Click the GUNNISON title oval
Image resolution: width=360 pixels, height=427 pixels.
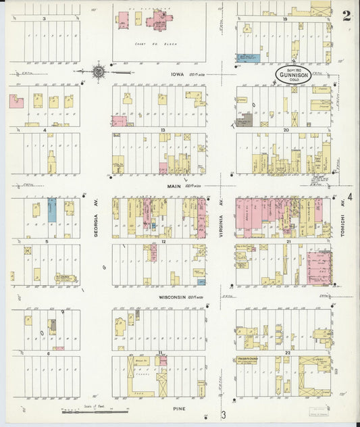pyautogui.click(x=292, y=74)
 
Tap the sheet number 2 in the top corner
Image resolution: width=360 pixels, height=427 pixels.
pyautogui.click(x=346, y=16)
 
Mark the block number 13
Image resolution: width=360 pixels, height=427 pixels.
pyautogui.click(x=163, y=129)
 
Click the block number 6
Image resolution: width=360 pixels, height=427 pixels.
pyautogui.click(x=47, y=353)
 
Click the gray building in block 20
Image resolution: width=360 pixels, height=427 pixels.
pyautogui.click(x=244, y=120)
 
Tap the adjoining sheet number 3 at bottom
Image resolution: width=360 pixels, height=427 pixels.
pyautogui.click(x=223, y=414)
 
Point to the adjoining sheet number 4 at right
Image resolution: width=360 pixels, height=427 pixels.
pyautogui.click(x=350, y=198)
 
